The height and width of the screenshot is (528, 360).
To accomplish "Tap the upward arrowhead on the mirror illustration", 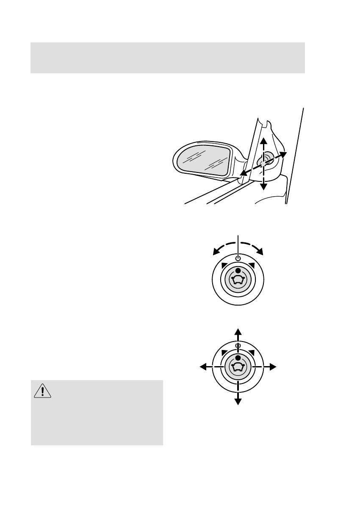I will pyautogui.click(x=263, y=141).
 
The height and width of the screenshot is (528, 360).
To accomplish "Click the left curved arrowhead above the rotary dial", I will pyautogui.click(x=216, y=253).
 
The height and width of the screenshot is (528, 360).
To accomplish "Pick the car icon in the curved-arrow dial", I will pyautogui.click(x=238, y=280).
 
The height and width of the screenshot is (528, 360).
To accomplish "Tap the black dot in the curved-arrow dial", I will pyautogui.click(x=238, y=270).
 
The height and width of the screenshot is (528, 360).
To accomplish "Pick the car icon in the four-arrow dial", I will pyautogui.click(x=238, y=367).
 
